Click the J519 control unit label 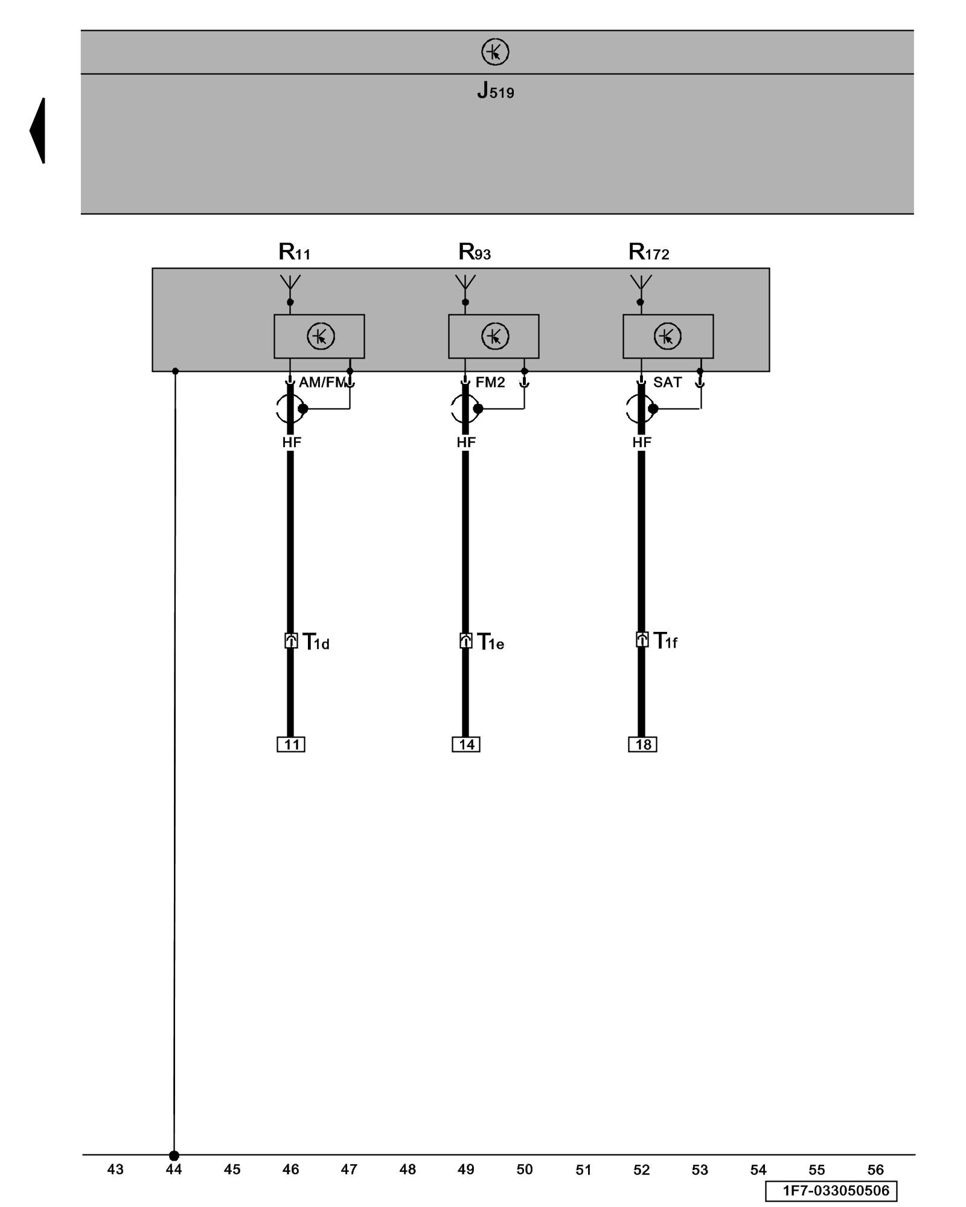point(495,91)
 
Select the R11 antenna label point(295,252)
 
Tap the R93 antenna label point(475,252)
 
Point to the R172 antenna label point(649,252)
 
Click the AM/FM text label point(322,383)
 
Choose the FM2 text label point(490,383)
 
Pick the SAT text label point(667,383)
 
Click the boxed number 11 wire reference point(291,745)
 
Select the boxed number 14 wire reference point(466,745)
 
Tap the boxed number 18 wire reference point(642,745)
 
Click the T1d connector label point(316,642)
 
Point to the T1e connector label point(490,642)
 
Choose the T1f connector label point(665,641)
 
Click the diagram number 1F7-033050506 point(831,1191)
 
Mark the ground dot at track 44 point(174,1156)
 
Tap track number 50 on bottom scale point(525,1170)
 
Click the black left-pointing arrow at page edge point(38,130)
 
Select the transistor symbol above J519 point(495,52)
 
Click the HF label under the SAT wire point(642,442)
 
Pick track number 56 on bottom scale point(875,1170)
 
